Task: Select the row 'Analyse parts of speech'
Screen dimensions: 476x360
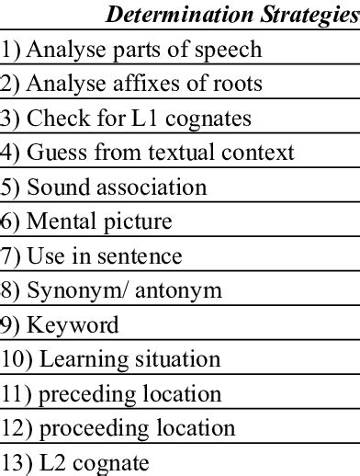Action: point(131,50)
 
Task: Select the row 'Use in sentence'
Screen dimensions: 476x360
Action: point(91,256)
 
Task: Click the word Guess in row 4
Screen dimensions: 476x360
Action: point(52,153)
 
